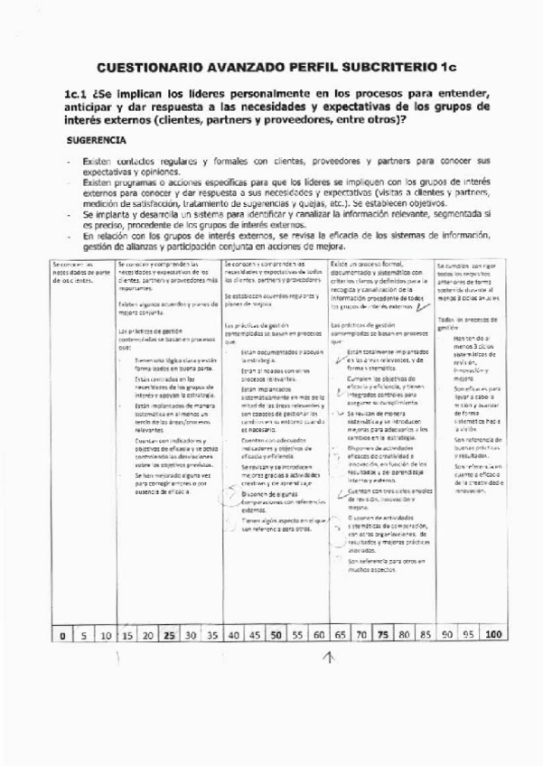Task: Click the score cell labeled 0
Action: (x=62, y=635)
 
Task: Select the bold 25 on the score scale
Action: (x=169, y=635)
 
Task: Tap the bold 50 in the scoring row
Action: (x=276, y=635)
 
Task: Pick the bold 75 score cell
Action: (x=382, y=635)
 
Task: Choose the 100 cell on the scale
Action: (x=492, y=635)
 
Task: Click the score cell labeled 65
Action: (x=340, y=635)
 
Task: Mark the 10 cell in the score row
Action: (x=106, y=635)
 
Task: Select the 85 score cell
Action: (x=424, y=635)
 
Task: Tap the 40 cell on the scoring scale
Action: (x=234, y=635)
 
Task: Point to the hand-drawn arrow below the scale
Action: (x=328, y=659)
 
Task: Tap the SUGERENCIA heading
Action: (x=97, y=141)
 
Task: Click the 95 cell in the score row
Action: (x=467, y=635)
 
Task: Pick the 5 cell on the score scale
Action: (x=84, y=635)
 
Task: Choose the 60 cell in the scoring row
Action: (x=319, y=635)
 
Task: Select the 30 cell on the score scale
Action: (x=191, y=635)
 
